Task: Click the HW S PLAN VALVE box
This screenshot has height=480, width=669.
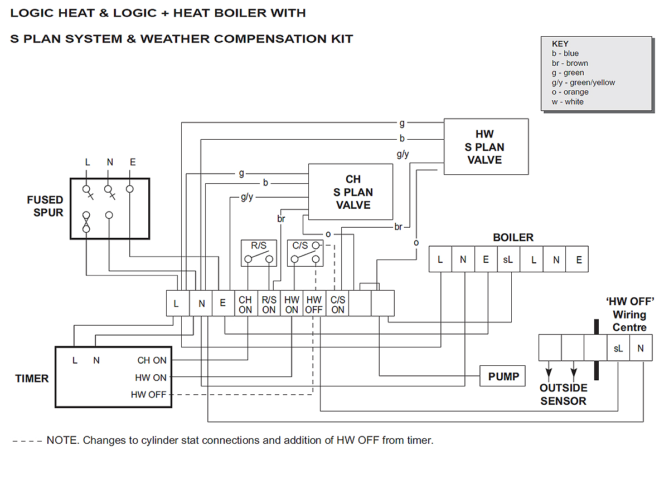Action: [x=486, y=146]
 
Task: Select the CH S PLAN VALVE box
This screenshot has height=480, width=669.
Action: [x=351, y=192]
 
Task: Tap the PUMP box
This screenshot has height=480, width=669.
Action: [x=503, y=376]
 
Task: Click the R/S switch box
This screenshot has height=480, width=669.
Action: [x=258, y=253]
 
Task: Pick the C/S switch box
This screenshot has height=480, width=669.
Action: [x=305, y=253]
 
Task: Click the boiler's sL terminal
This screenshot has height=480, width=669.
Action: [x=508, y=259]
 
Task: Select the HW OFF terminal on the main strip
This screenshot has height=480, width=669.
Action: [x=314, y=304]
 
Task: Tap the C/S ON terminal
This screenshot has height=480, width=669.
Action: [x=338, y=304]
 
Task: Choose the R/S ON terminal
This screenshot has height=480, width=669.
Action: [x=269, y=304]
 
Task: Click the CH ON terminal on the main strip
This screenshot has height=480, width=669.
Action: [x=245, y=304]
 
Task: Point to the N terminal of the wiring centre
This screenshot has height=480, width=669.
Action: [x=641, y=348]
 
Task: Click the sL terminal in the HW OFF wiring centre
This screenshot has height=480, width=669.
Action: [x=618, y=348]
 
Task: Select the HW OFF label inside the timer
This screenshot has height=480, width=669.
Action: [x=148, y=395]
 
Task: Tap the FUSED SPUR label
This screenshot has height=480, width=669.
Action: [x=45, y=206]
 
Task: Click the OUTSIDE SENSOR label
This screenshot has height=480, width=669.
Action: [x=563, y=394]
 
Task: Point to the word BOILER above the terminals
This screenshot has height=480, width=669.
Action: [x=513, y=238]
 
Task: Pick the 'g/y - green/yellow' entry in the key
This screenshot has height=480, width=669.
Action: [x=583, y=82]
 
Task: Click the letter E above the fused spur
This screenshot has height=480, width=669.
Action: [x=132, y=163]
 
